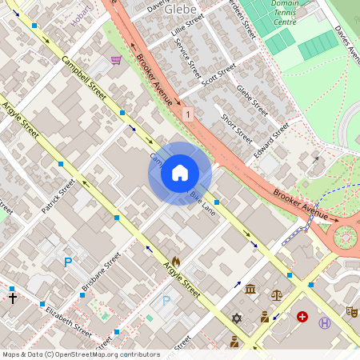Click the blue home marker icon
pos(180,173)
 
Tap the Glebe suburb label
pos(182,9)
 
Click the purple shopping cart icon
pos(117,60)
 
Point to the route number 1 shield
pos(187,115)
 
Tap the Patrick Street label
pos(58,196)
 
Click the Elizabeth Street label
pos(68,318)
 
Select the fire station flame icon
pos(175,261)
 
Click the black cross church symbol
pos(12,298)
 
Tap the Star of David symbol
pos(236,318)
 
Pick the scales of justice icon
pos(277,294)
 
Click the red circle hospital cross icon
pos(302,317)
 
